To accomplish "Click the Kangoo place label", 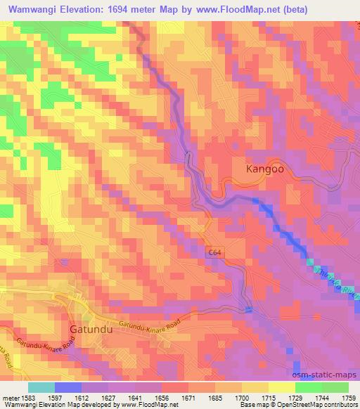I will click(266, 169).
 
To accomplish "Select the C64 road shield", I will click(215, 252).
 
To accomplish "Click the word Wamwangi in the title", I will click(33, 7).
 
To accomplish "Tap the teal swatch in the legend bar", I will click(41, 387).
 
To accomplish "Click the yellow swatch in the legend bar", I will click(281, 387).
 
